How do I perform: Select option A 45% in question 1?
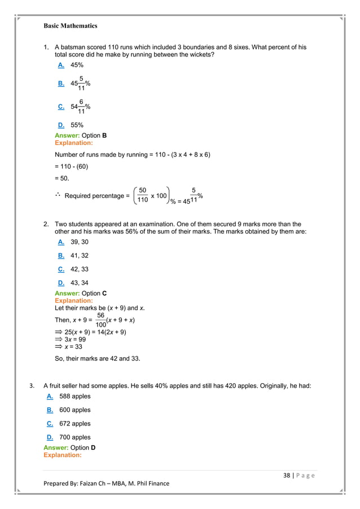[x=71, y=65]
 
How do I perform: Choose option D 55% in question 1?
[x=71, y=125]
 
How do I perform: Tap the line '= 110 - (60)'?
[x=71, y=166]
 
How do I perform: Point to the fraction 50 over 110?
[x=143, y=195]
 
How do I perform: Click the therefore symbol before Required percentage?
[x=58, y=195]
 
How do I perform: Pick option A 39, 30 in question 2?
[x=73, y=242]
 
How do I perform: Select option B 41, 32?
[x=73, y=256]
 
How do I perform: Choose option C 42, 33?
[x=73, y=269]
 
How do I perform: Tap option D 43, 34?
[x=73, y=283]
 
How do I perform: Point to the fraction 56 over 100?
[x=101, y=320]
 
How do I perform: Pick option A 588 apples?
[x=68, y=397]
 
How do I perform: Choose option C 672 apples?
[x=68, y=424]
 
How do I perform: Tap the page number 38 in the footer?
[x=287, y=475]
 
